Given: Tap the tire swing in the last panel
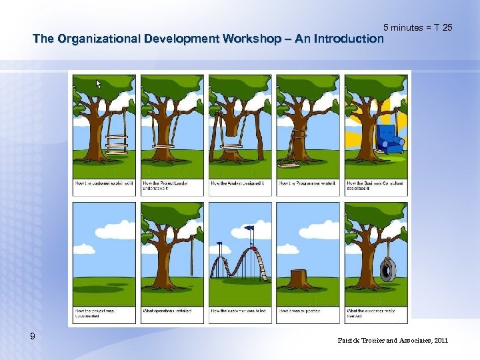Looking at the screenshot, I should coord(385,269).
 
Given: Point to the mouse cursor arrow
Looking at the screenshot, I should coord(98,84).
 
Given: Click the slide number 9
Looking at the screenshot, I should coord(33,337).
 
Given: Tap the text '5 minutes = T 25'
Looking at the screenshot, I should coord(418,27).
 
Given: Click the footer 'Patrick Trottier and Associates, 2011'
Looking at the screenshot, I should coord(393,341).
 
